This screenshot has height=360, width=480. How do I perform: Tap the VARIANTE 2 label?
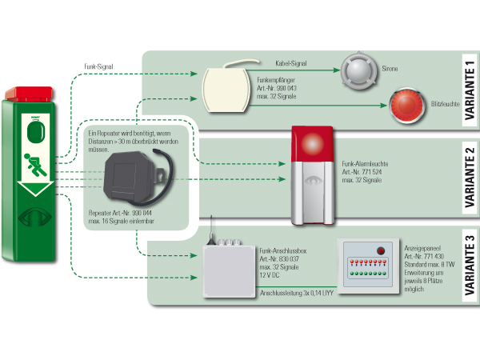[x=470, y=178]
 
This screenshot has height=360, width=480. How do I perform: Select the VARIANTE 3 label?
[x=470, y=266]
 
